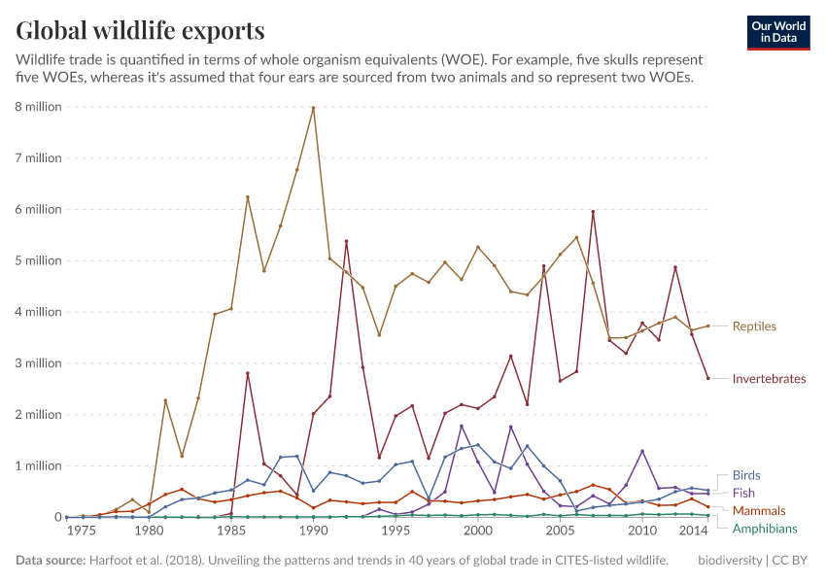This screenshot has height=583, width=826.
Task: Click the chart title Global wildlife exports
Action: pyautogui.click(x=140, y=30)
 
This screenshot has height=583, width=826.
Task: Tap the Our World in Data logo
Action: pyautogui.click(x=777, y=32)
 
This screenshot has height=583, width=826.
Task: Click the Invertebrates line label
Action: pyautogui.click(x=769, y=379)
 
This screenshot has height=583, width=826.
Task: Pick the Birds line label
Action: pyautogui.click(x=746, y=476)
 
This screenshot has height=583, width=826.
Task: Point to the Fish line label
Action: pyautogui.click(x=744, y=494)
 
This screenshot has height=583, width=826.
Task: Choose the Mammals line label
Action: pyautogui.click(x=759, y=510)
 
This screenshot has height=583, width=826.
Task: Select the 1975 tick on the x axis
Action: pyautogui.click(x=82, y=532)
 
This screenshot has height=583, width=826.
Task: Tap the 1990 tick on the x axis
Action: pyautogui.click(x=313, y=532)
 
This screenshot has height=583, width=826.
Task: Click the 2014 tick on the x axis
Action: pyautogui.click(x=693, y=532)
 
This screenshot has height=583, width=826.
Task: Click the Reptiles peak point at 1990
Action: pyautogui.click(x=313, y=108)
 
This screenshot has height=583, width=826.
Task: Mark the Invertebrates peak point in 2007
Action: pyautogui.click(x=593, y=212)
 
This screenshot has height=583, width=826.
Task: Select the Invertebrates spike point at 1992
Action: pyautogui.click(x=346, y=241)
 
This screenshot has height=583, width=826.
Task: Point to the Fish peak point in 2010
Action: pyautogui.click(x=642, y=451)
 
